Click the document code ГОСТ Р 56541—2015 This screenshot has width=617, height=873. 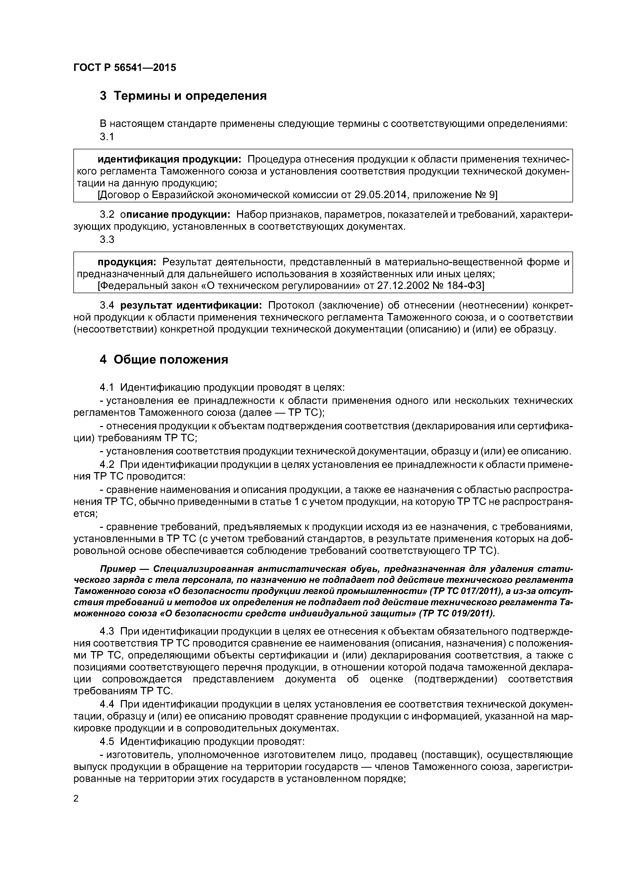(125, 68)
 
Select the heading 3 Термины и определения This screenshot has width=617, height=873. (183, 96)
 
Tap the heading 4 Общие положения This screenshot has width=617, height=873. (164, 359)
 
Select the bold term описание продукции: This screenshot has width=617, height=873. (175, 215)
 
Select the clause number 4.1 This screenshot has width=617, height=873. (107, 387)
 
